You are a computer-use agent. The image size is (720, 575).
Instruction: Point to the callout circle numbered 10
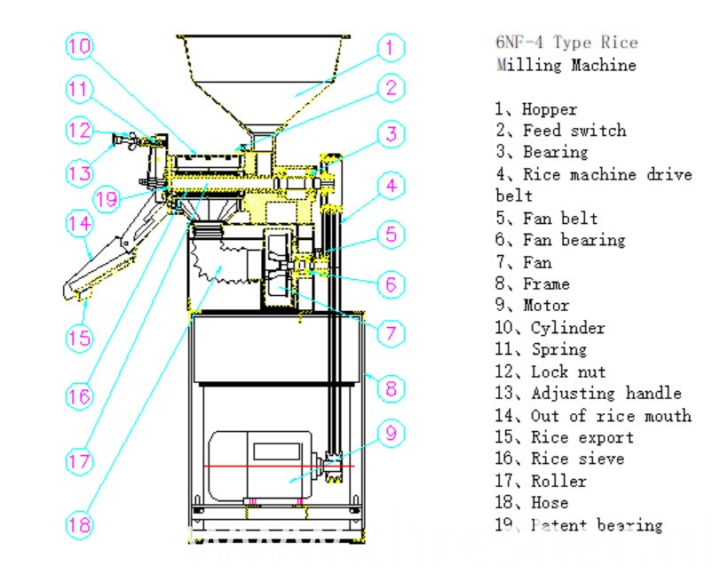pyautogui.click(x=79, y=44)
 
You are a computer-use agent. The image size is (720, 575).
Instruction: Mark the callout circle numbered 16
pyautogui.click(x=79, y=395)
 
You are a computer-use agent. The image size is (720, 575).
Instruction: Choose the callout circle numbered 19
pyautogui.click(x=107, y=199)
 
